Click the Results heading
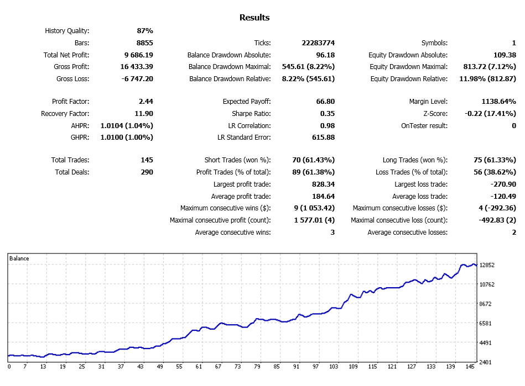click(254, 18)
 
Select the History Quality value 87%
click(145, 31)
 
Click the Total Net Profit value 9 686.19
click(139, 55)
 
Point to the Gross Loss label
click(72, 79)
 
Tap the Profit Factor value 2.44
click(146, 102)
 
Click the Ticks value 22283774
click(315, 43)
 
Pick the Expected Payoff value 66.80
click(324, 102)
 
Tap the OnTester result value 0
click(513, 126)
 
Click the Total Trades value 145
click(147, 160)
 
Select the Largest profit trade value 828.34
click(321, 184)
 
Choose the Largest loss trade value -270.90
click(501, 184)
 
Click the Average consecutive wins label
click(233, 232)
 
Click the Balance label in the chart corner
click(19, 258)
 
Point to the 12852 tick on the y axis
click(487, 265)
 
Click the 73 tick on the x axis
click(237, 367)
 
